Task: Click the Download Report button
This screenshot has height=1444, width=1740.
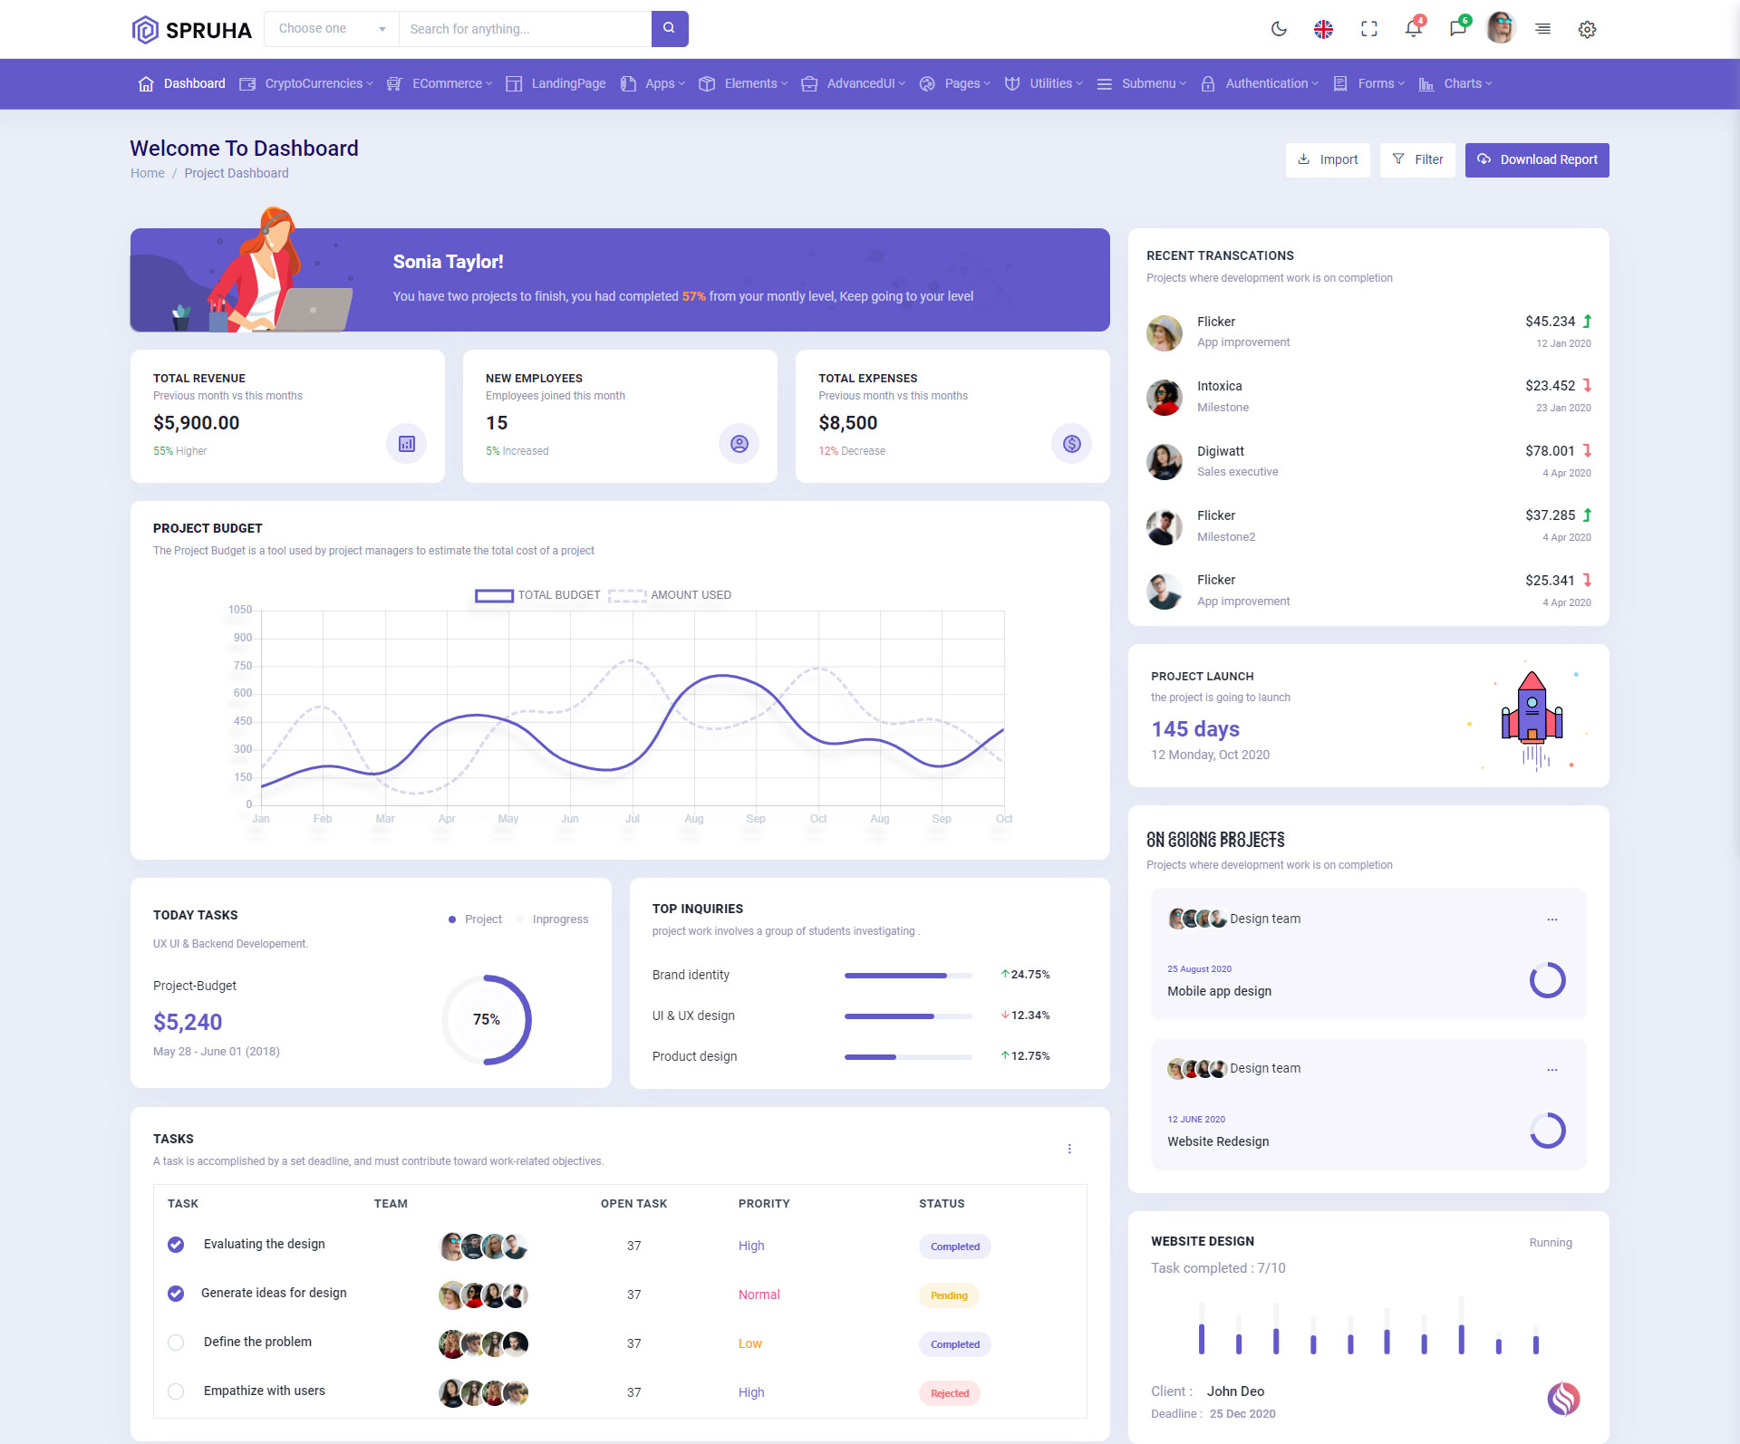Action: tap(1537, 160)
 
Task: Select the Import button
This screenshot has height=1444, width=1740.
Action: tap(1328, 160)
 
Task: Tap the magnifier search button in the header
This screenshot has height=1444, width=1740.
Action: tap(669, 29)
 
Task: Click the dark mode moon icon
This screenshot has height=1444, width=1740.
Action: tap(1279, 29)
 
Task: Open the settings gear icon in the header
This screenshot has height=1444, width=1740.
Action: tap(1587, 30)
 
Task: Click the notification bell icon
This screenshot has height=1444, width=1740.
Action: tap(1413, 29)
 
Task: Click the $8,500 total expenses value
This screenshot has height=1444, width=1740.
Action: tap(847, 423)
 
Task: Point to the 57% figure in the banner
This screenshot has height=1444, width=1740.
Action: tap(693, 296)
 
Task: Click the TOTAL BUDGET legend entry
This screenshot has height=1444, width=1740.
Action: tap(538, 595)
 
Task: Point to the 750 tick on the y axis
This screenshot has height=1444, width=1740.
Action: tap(242, 666)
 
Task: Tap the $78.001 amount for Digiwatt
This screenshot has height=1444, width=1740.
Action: tap(1550, 451)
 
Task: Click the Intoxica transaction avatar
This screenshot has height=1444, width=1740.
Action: tap(1165, 397)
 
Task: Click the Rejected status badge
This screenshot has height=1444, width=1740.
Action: tap(949, 1393)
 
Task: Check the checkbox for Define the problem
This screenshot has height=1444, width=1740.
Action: tap(176, 1343)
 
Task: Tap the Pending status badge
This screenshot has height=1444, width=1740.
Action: tap(949, 1295)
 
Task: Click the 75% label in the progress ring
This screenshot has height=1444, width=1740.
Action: tap(487, 1020)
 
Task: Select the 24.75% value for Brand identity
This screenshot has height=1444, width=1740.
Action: tap(1029, 975)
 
